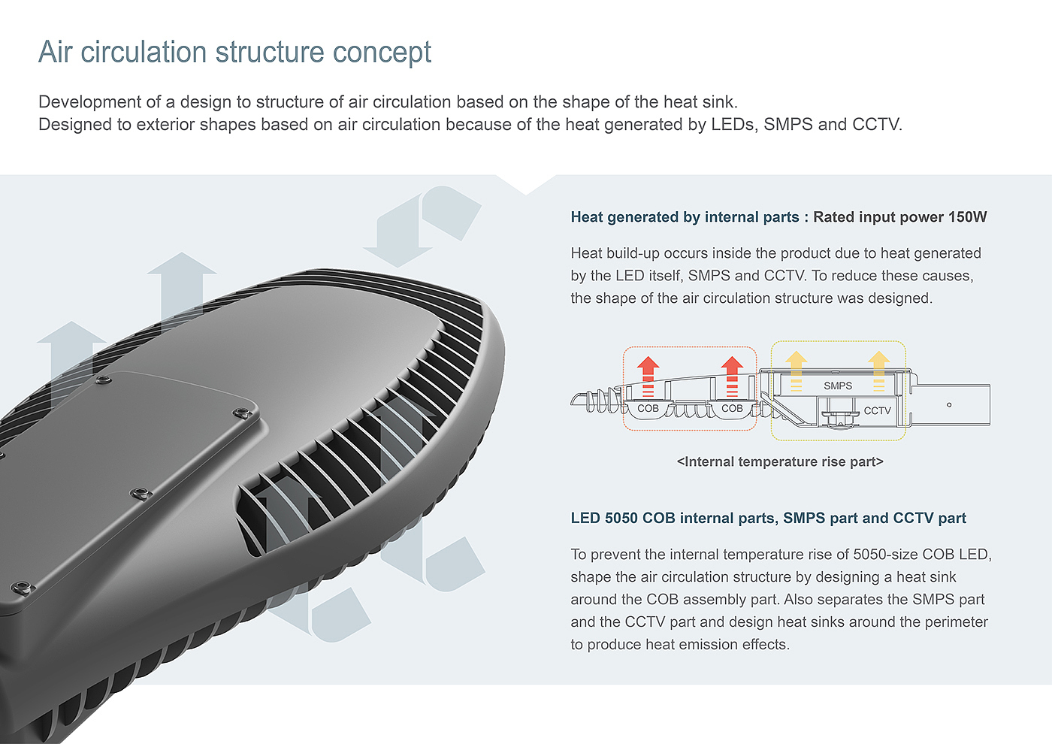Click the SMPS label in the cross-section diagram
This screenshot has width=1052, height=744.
pos(837,386)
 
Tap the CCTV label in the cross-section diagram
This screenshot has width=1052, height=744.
pos(877,410)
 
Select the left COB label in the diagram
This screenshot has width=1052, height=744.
pos(648,408)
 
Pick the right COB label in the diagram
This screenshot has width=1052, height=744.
pos(732,408)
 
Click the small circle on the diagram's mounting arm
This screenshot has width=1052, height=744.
pos(949,405)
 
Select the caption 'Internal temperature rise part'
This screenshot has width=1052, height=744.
pos(780,461)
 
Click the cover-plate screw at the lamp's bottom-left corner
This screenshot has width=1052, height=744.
pos(21,587)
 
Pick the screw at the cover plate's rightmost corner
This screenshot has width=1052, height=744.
pos(241,412)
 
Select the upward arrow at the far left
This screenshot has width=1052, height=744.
pos(71,353)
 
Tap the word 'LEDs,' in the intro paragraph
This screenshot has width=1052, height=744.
pos(735,124)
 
